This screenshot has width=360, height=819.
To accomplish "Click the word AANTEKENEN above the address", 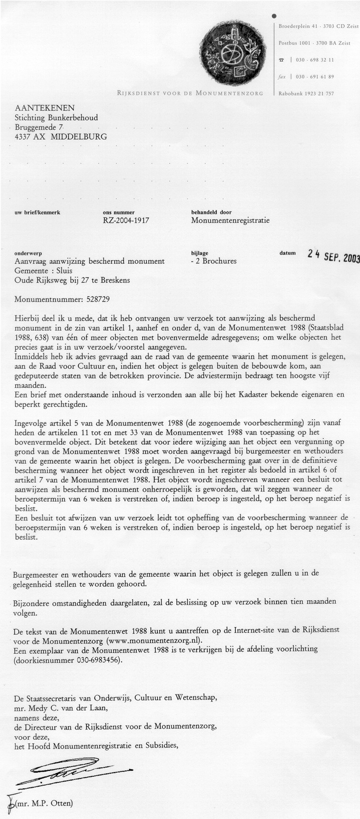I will [45, 108].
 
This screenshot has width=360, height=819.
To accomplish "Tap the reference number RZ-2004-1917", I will [126, 220].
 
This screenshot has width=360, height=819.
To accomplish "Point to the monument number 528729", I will [94, 299].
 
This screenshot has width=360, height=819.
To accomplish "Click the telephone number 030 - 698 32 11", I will [315, 60].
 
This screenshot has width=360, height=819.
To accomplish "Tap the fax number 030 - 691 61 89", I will [315, 77].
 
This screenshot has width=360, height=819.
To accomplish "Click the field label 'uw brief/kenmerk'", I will [37, 213].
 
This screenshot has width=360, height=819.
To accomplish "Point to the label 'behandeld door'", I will [211, 213].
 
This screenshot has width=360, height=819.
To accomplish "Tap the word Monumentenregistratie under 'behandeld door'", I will [230, 221].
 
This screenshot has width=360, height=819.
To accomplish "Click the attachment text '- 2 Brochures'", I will [214, 261].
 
